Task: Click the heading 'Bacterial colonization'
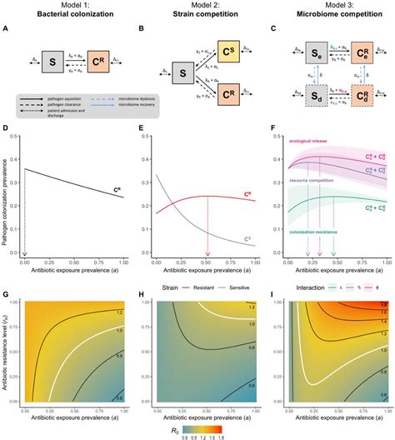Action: pos(67,17)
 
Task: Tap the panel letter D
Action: pos(7,132)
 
